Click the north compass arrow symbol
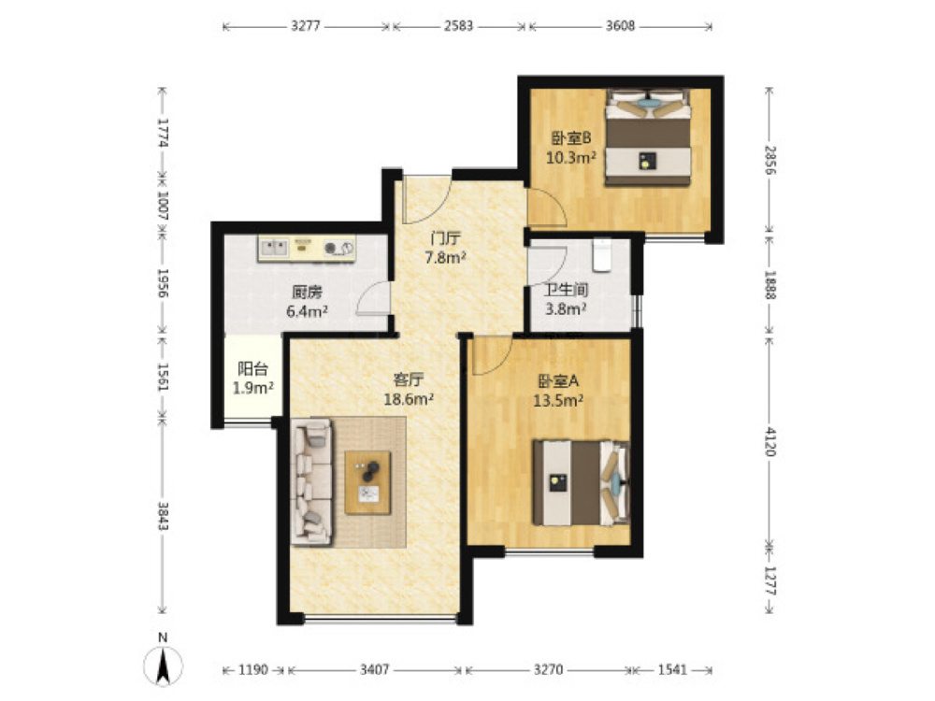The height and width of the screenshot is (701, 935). pos(163,665)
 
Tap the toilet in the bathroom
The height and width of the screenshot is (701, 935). pos(602,255)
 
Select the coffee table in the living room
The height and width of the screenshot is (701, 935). pos(367,483)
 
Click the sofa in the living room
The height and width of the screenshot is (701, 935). pos(311,481)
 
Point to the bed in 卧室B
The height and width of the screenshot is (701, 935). pos(648,137)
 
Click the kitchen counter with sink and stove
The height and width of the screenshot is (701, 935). pos(307,248)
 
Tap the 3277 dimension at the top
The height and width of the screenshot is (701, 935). pos(306,26)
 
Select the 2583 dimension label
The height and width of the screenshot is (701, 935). pos(458,26)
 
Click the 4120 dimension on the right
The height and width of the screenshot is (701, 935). pos(770,441)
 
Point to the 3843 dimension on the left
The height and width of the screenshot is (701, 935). pos(163,516)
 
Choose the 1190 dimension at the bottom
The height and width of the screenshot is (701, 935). pos(253,670)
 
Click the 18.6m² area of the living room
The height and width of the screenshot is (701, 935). pos(409,399)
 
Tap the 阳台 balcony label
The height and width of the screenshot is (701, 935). pos(252,369)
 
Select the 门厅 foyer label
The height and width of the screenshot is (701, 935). pos(445,239)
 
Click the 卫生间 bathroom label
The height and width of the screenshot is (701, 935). pos(566,291)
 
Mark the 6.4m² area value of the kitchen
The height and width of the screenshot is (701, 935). pos(307,311)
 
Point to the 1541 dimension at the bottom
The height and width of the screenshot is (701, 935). pos(672,670)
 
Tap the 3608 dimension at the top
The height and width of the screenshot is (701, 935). pos(620,26)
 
